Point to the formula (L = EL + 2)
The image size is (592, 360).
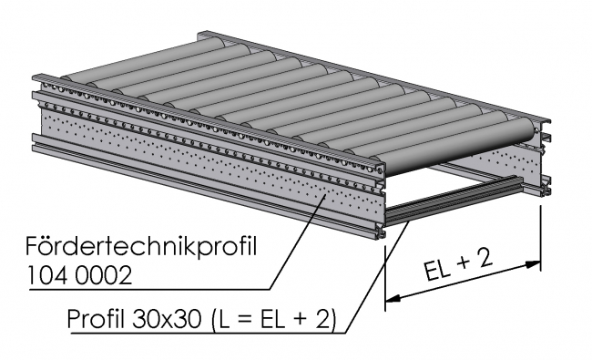point(272,321)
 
